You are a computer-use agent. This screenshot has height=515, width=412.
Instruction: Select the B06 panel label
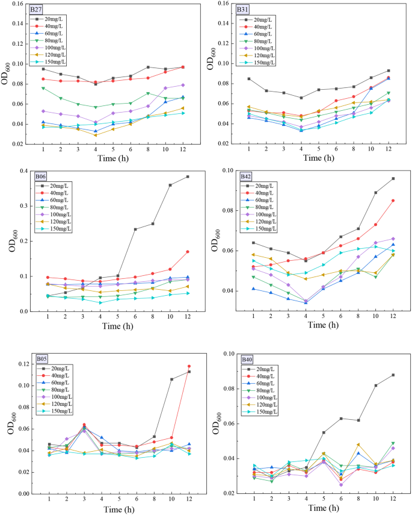click(x=41, y=176)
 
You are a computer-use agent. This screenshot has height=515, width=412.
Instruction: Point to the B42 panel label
click(x=245, y=176)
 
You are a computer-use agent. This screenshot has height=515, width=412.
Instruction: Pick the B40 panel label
click(x=247, y=360)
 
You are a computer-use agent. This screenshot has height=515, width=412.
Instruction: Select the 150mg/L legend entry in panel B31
click(x=265, y=62)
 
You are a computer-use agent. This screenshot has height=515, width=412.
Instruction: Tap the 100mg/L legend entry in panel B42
click(x=266, y=214)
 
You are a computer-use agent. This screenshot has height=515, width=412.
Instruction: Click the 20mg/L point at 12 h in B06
click(x=188, y=176)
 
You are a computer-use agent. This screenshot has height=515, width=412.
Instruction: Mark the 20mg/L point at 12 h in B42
click(x=393, y=178)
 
